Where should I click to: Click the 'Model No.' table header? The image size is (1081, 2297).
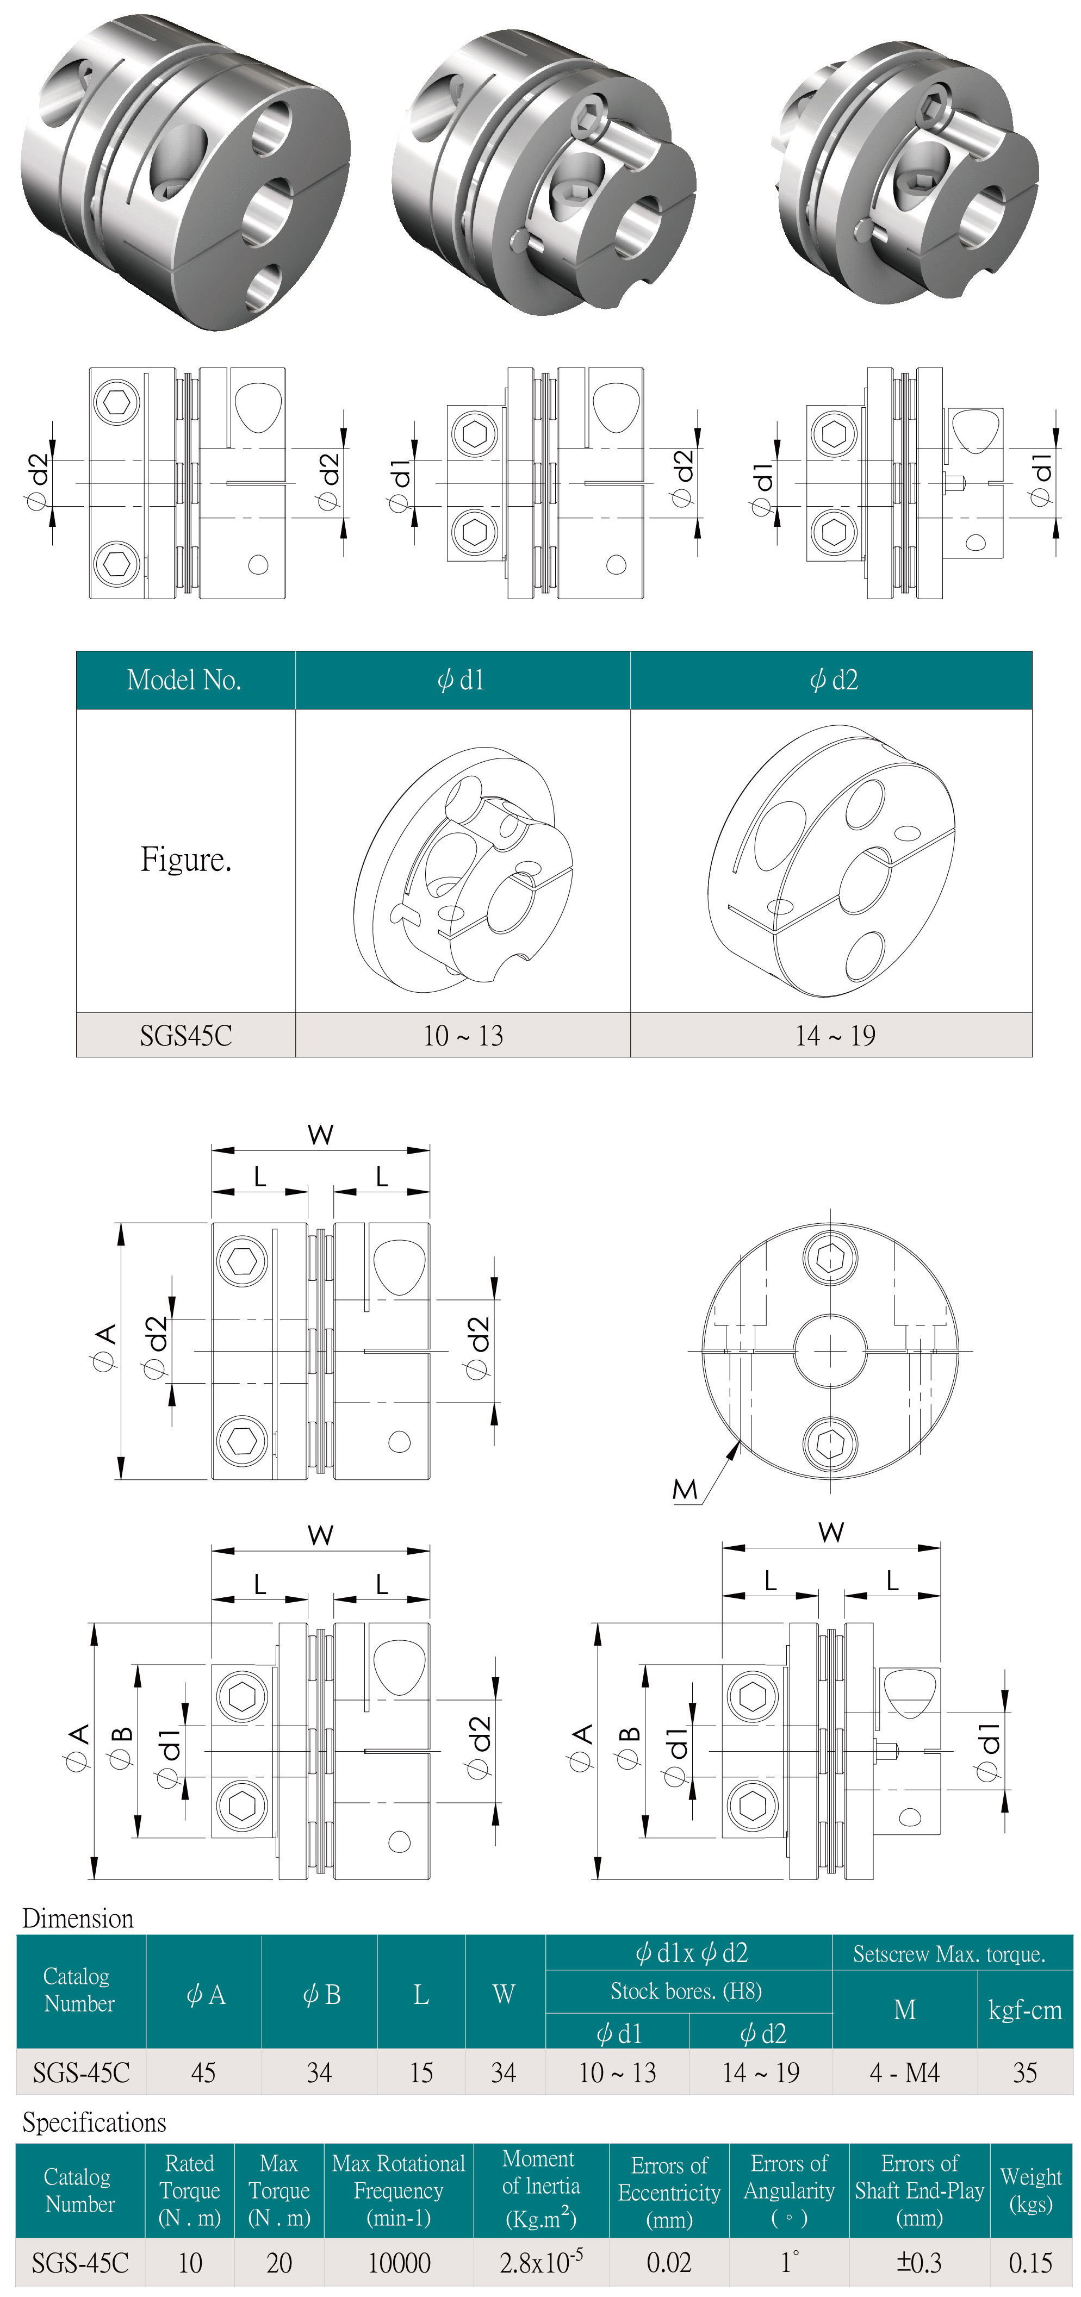click(185, 680)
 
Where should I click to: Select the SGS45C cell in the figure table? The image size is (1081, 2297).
click(185, 1035)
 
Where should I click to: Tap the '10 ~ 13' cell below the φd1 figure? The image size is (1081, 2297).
click(463, 1035)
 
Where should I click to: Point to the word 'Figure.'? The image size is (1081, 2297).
click(185, 860)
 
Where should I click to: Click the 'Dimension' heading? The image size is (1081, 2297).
click(78, 1918)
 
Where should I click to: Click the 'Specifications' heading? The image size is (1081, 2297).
click(94, 2122)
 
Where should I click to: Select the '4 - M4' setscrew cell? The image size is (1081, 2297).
click(904, 2072)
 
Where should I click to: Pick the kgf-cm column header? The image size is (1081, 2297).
click(1025, 2010)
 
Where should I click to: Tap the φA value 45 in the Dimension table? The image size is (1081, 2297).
click(203, 2072)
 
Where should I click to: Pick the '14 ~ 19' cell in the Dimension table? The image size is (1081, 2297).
click(761, 2072)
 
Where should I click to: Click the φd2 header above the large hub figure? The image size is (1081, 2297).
click(833, 680)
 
